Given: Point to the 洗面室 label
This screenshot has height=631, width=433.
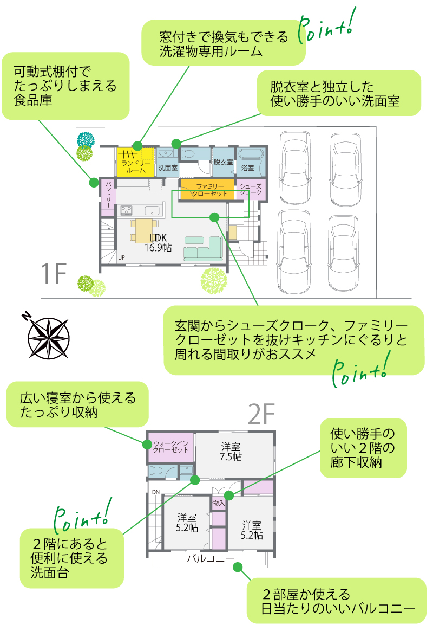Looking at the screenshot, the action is [x=168, y=168].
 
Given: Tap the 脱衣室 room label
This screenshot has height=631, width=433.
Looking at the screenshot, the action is [x=223, y=162].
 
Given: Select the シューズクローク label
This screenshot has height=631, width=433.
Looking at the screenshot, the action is [x=251, y=190].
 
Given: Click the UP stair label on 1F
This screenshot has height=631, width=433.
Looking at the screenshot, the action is [x=121, y=257].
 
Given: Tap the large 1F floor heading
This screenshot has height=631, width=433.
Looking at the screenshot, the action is [x=54, y=275].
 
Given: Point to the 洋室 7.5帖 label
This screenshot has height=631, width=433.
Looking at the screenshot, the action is [x=231, y=452].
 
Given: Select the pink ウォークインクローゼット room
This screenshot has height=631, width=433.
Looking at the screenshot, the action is [x=171, y=447].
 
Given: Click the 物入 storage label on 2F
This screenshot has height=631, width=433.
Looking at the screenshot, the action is [x=219, y=503].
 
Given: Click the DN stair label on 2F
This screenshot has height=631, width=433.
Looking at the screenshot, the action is [x=156, y=492].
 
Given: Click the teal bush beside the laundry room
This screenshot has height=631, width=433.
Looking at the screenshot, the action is [x=85, y=139].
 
